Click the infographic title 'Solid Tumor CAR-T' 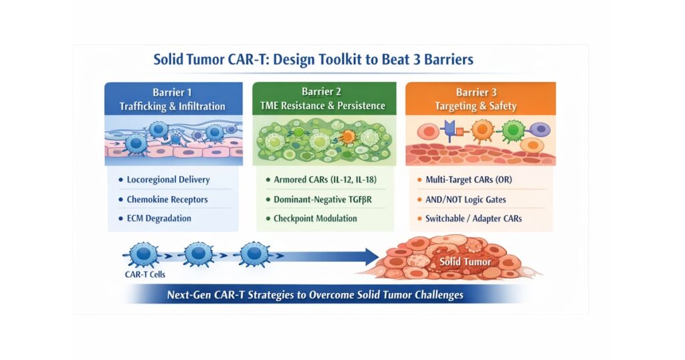211,59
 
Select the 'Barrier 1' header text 172,92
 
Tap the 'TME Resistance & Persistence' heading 323,106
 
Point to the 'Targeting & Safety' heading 476,106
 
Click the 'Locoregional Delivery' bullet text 168,179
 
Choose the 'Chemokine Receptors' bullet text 167,199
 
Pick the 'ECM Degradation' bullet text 159,218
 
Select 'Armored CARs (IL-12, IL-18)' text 325,179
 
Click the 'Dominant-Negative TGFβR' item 323,199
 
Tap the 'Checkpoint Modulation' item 316,218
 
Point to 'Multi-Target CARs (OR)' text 469,179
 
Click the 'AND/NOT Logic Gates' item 466,199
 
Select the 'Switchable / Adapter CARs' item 474,218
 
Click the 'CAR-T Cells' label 145,274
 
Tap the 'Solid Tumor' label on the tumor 466,262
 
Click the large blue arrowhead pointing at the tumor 372,256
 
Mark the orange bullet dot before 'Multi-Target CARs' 419,179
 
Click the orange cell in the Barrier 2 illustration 348,137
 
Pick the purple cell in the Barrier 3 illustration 541,129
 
